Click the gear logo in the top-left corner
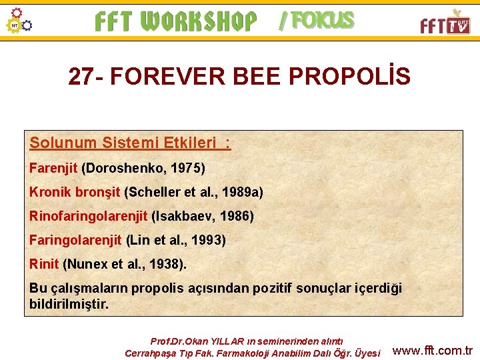pyautogui.click(x=19, y=21)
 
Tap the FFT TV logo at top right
pyautogui.click(x=445, y=23)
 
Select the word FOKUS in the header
pyautogui.click(x=323, y=21)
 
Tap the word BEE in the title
pyautogui.click(x=259, y=77)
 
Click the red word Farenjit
pyautogui.click(x=53, y=167)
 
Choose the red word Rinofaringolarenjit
pyautogui.click(x=89, y=216)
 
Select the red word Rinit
pyautogui.click(x=44, y=264)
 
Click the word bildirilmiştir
pyautogui.click(x=68, y=304)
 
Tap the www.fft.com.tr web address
pyautogui.click(x=433, y=351)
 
